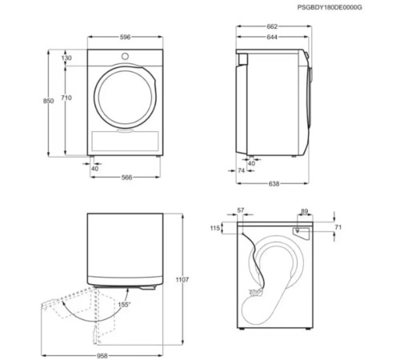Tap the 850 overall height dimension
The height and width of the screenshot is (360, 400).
49,100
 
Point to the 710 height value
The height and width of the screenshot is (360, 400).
67,98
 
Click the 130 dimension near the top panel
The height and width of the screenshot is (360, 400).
67,58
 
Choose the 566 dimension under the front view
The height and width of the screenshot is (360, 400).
126,178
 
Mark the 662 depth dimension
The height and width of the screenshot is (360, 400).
273,26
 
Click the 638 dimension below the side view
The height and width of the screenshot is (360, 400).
273,184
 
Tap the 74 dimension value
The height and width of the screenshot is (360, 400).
241,170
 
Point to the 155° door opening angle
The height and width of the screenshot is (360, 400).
125,305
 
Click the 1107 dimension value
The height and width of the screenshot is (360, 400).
183,279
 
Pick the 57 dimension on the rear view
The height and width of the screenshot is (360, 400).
242,210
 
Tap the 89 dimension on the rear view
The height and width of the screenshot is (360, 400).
304,210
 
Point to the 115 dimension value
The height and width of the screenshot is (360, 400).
215,229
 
